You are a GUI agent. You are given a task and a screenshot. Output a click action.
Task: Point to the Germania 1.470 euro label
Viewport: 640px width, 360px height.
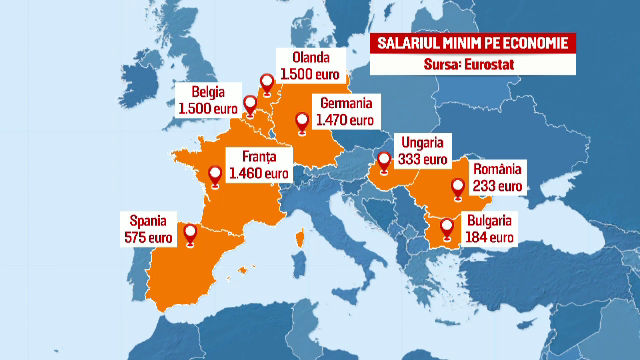(345, 111)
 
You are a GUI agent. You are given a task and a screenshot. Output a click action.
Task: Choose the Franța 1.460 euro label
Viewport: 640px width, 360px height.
(259, 165)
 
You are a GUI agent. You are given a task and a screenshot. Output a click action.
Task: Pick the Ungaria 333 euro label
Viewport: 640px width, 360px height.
(422, 150)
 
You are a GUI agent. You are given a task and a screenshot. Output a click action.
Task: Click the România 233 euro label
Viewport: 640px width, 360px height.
(496, 177)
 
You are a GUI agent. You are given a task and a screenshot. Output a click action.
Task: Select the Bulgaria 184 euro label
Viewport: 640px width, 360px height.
(488, 229)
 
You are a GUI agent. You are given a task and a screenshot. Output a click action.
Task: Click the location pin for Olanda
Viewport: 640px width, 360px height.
(266, 85)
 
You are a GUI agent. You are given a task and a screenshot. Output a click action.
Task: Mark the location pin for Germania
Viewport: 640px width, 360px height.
(302, 124)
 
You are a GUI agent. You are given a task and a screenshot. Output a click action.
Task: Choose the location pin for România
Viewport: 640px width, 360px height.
(458, 187)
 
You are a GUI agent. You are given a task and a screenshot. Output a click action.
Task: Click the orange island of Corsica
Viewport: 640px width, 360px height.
(299, 237)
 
